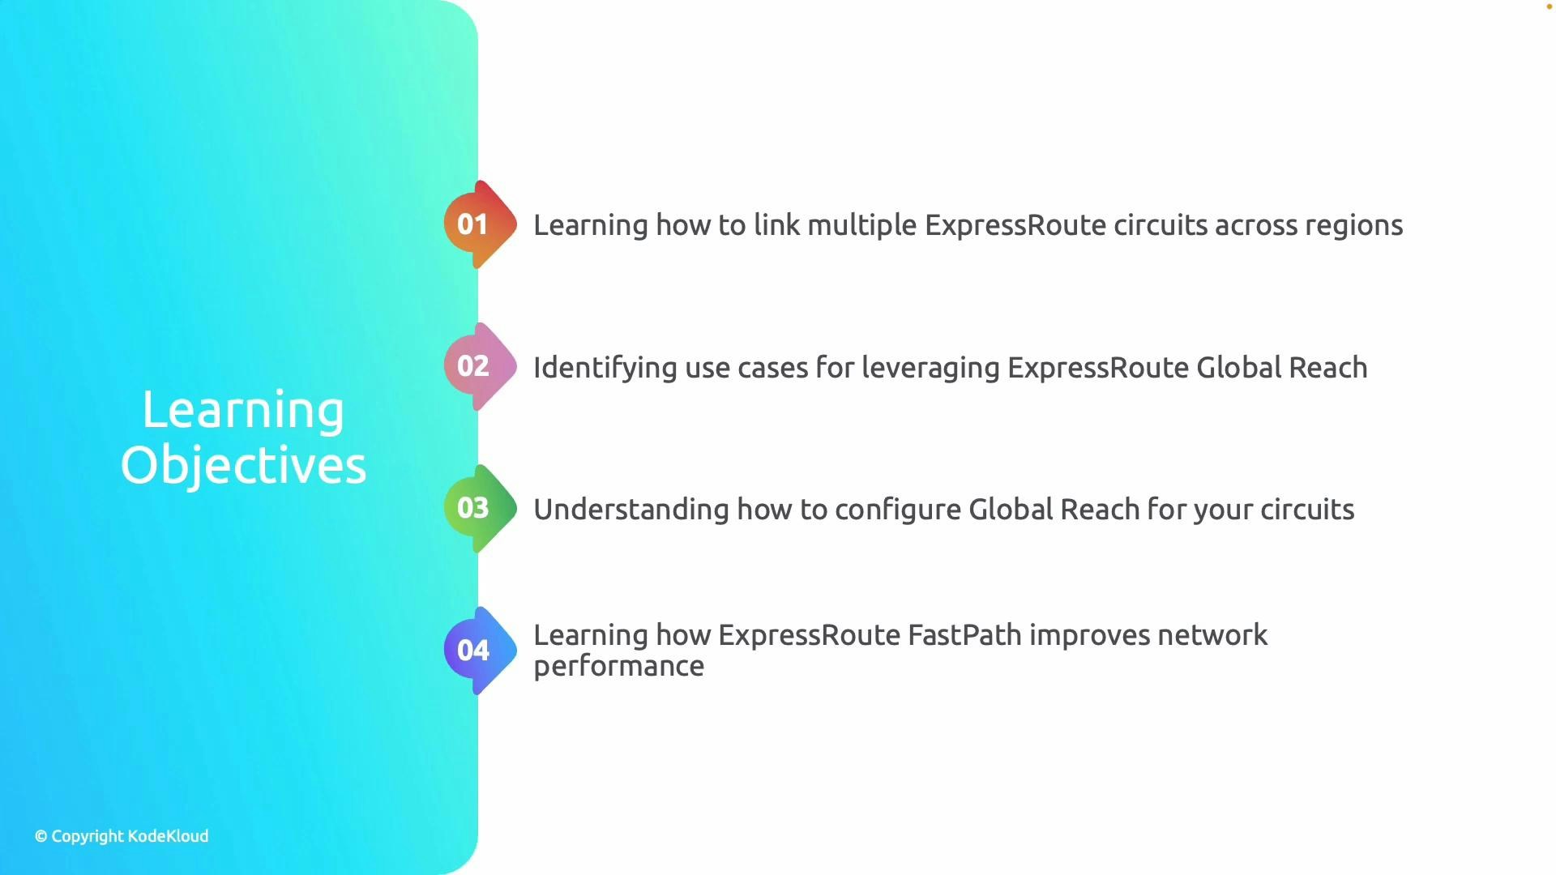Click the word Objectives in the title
click(x=243, y=465)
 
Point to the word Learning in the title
click(x=243, y=410)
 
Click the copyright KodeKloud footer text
click(x=122, y=836)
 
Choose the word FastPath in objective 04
click(x=964, y=635)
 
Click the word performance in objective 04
click(x=618, y=666)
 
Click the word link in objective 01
click(x=776, y=225)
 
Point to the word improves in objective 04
click(x=1089, y=635)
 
